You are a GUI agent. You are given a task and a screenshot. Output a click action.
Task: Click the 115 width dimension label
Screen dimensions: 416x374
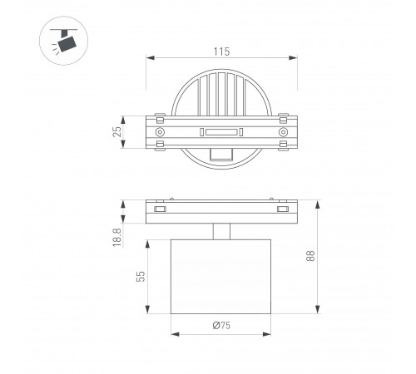[x=221, y=52]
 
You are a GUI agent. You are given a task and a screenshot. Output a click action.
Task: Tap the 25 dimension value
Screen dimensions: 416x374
[x=117, y=131]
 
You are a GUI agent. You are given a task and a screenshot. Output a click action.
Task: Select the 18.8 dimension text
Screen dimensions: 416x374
[x=117, y=238]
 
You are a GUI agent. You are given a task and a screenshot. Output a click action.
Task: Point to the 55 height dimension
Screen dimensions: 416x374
[x=141, y=277]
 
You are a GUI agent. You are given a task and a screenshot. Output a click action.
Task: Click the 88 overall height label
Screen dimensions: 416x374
[x=310, y=255]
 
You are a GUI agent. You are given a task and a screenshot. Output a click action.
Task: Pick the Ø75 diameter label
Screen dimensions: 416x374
[x=221, y=325]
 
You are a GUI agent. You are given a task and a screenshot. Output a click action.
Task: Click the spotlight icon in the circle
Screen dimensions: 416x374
[x=64, y=41]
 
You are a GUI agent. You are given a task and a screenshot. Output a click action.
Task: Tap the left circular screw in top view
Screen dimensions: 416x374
[x=160, y=132]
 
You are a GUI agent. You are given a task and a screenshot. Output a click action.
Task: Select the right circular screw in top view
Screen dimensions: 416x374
[x=283, y=132]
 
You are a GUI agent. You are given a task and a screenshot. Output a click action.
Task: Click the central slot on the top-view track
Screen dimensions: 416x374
[x=221, y=132]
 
